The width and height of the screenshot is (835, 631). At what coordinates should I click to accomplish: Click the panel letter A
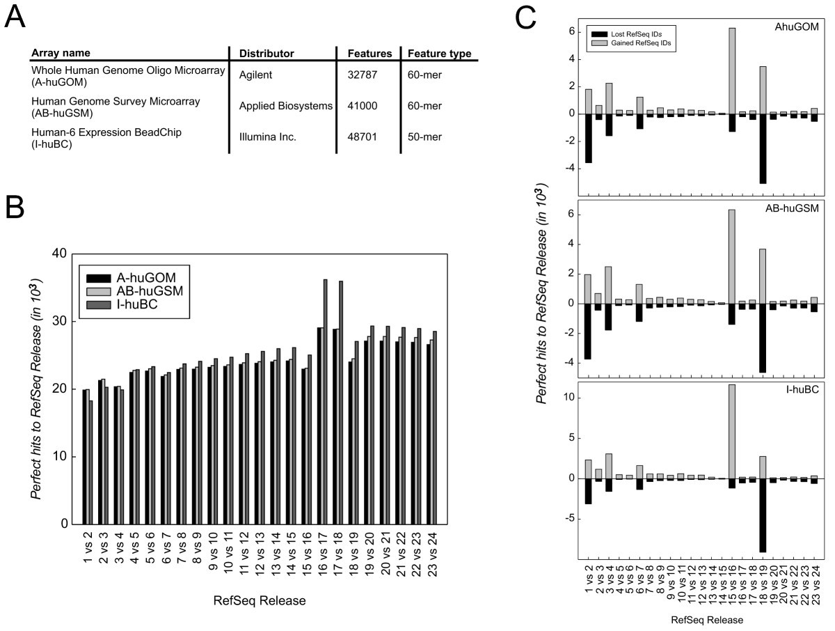coord(17,15)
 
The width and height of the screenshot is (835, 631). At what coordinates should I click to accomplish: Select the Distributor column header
coord(267,54)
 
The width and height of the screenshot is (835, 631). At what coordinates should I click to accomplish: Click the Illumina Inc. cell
coord(268,137)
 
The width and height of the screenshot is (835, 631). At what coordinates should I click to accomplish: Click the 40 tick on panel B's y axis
coord(58,254)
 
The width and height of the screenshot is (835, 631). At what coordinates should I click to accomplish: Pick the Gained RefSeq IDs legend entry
coord(635,42)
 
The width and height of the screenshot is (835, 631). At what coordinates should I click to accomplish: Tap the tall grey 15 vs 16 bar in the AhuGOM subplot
coord(732,70)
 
